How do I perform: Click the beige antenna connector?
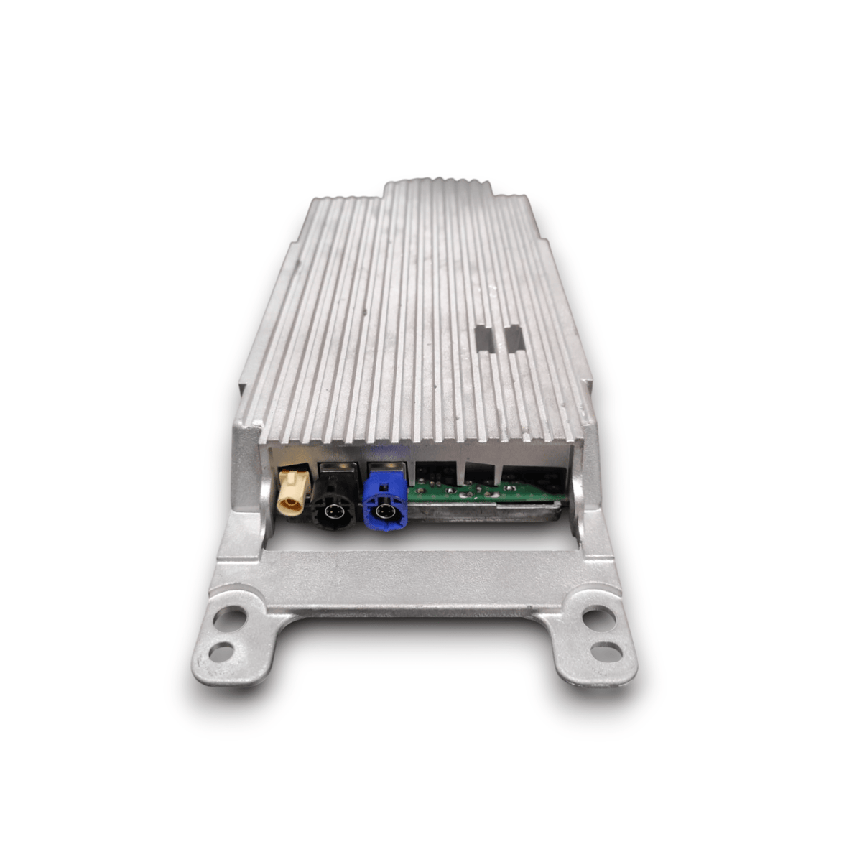292,490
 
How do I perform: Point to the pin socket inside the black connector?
333,511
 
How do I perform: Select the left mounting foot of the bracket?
230,639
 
